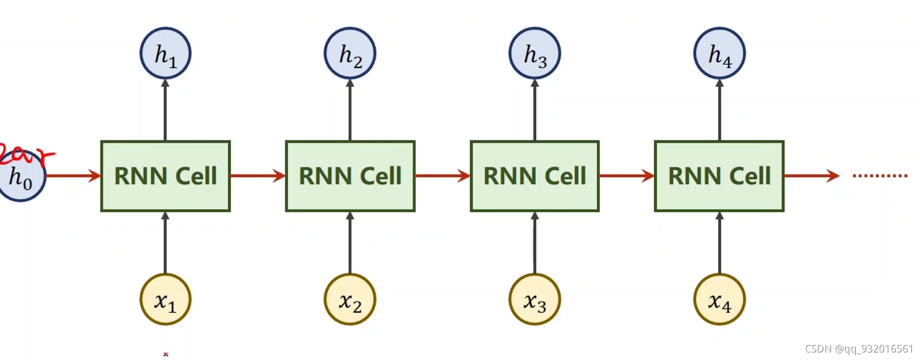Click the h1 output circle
click(x=165, y=53)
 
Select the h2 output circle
click(x=350, y=53)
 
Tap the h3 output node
click(x=535, y=53)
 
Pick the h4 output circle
click(x=719, y=53)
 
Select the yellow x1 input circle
click(x=165, y=300)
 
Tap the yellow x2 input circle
click(x=350, y=300)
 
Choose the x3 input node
click(x=535, y=300)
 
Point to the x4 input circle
click(x=719, y=300)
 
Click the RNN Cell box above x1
click(x=165, y=176)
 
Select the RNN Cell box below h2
click(x=350, y=176)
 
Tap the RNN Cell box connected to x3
click(x=535, y=176)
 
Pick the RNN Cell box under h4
click(x=719, y=176)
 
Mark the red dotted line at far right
click(x=880, y=175)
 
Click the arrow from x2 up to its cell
click(x=350, y=243)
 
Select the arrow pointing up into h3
click(x=535, y=110)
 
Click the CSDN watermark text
click(x=858, y=349)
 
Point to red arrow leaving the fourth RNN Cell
click(x=810, y=175)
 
